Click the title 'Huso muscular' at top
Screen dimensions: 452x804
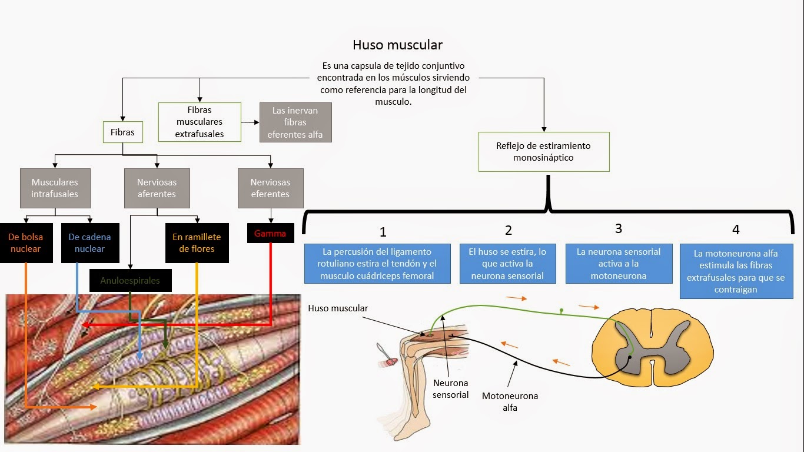pyautogui.click(x=397, y=45)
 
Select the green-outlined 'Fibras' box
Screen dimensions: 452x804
pyautogui.click(x=122, y=132)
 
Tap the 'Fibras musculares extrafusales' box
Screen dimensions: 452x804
pyautogui.click(x=200, y=122)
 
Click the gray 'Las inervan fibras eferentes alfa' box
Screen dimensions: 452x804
pyautogui.click(x=295, y=122)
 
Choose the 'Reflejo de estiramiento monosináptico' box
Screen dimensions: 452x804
pyautogui.click(x=543, y=152)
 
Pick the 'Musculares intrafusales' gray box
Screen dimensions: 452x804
pyautogui.click(x=54, y=188)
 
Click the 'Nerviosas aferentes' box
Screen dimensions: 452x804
pyautogui.click(x=157, y=188)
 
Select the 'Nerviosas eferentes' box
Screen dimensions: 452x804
pyautogui.click(x=270, y=188)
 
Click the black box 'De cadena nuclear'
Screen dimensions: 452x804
pyautogui.click(x=89, y=243)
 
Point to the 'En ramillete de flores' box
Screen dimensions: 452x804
pyautogui.click(x=197, y=243)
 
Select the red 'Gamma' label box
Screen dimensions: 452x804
pyautogui.click(x=270, y=234)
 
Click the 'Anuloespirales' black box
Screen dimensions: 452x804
pyautogui.click(x=130, y=281)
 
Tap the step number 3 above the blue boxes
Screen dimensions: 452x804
pyautogui.click(x=618, y=228)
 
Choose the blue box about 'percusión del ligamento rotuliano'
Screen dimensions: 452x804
pyautogui.click(x=377, y=264)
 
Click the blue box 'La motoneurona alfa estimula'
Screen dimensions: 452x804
pyautogui.click(x=735, y=271)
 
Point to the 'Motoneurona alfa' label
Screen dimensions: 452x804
pyautogui.click(x=510, y=401)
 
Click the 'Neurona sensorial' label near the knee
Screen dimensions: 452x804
pyautogui.click(x=450, y=389)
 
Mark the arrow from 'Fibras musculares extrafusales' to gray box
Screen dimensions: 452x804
pyautogui.click(x=250, y=122)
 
